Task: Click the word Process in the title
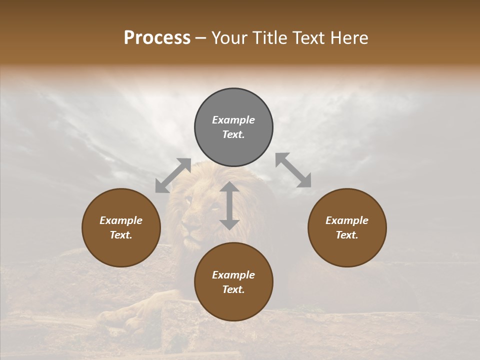point(157,38)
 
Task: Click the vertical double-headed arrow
point(229,205)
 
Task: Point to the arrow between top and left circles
point(173,175)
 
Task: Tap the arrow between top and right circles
point(293,170)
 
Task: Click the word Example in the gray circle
point(233,120)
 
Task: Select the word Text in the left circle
point(121,235)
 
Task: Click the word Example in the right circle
point(347,220)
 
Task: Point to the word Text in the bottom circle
point(233,289)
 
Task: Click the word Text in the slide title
point(305,38)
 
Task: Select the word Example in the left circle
point(121,220)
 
